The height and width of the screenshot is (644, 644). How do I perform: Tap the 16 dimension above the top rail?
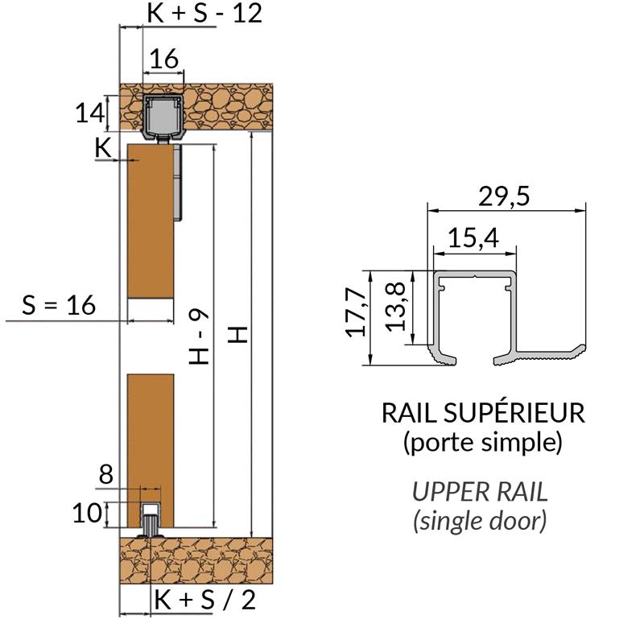click(163, 58)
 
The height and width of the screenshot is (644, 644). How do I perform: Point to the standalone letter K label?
click(102, 147)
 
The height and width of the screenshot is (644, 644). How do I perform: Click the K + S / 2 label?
click(204, 599)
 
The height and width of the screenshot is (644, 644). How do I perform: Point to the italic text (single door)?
click(481, 521)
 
